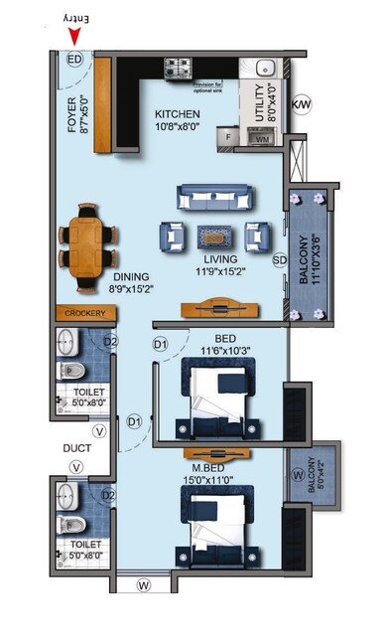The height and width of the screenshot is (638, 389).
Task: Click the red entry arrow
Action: (75, 39)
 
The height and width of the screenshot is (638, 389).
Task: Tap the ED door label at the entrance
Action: (73, 60)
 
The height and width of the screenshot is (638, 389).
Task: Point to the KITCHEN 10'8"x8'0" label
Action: (177, 120)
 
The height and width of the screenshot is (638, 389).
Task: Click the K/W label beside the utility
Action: (301, 103)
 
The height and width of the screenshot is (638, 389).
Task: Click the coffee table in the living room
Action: (213, 237)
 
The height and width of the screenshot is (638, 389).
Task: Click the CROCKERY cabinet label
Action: (84, 313)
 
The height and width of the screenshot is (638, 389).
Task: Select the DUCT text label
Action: (76, 448)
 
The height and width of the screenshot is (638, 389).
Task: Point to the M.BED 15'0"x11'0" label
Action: (213, 474)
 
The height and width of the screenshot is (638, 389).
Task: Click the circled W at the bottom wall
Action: (143, 586)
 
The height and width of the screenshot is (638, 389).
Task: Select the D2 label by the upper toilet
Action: (111, 342)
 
